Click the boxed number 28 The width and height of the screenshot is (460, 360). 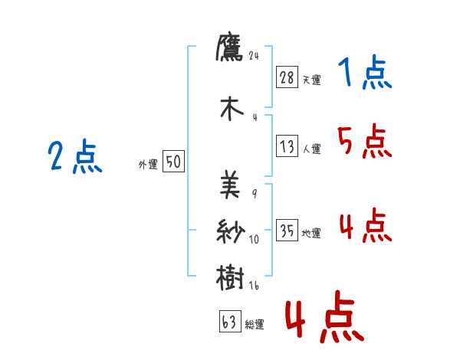pyautogui.click(x=287, y=77)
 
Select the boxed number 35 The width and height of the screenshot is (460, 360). pyautogui.click(x=287, y=231)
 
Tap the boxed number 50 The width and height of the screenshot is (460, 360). pyautogui.click(x=173, y=162)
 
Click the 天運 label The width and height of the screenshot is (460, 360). pyautogui.click(x=311, y=80)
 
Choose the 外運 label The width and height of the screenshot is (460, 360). pyautogui.click(x=147, y=163)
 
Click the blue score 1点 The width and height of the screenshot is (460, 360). pyautogui.click(x=364, y=74)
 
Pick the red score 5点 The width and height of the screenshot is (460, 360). pyautogui.click(x=364, y=141)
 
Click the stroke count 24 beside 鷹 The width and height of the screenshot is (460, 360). pyautogui.click(x=255, y=55)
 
